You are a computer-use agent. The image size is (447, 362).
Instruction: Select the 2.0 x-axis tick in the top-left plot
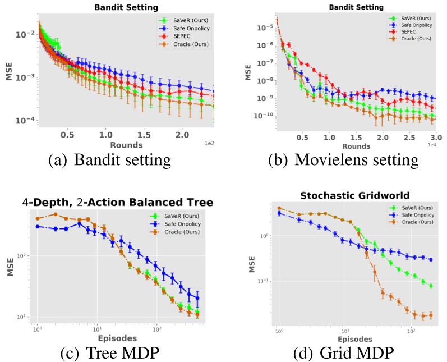(x=182, y=135)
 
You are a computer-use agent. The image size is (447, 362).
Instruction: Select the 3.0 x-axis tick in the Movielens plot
(x=436, y=137)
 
